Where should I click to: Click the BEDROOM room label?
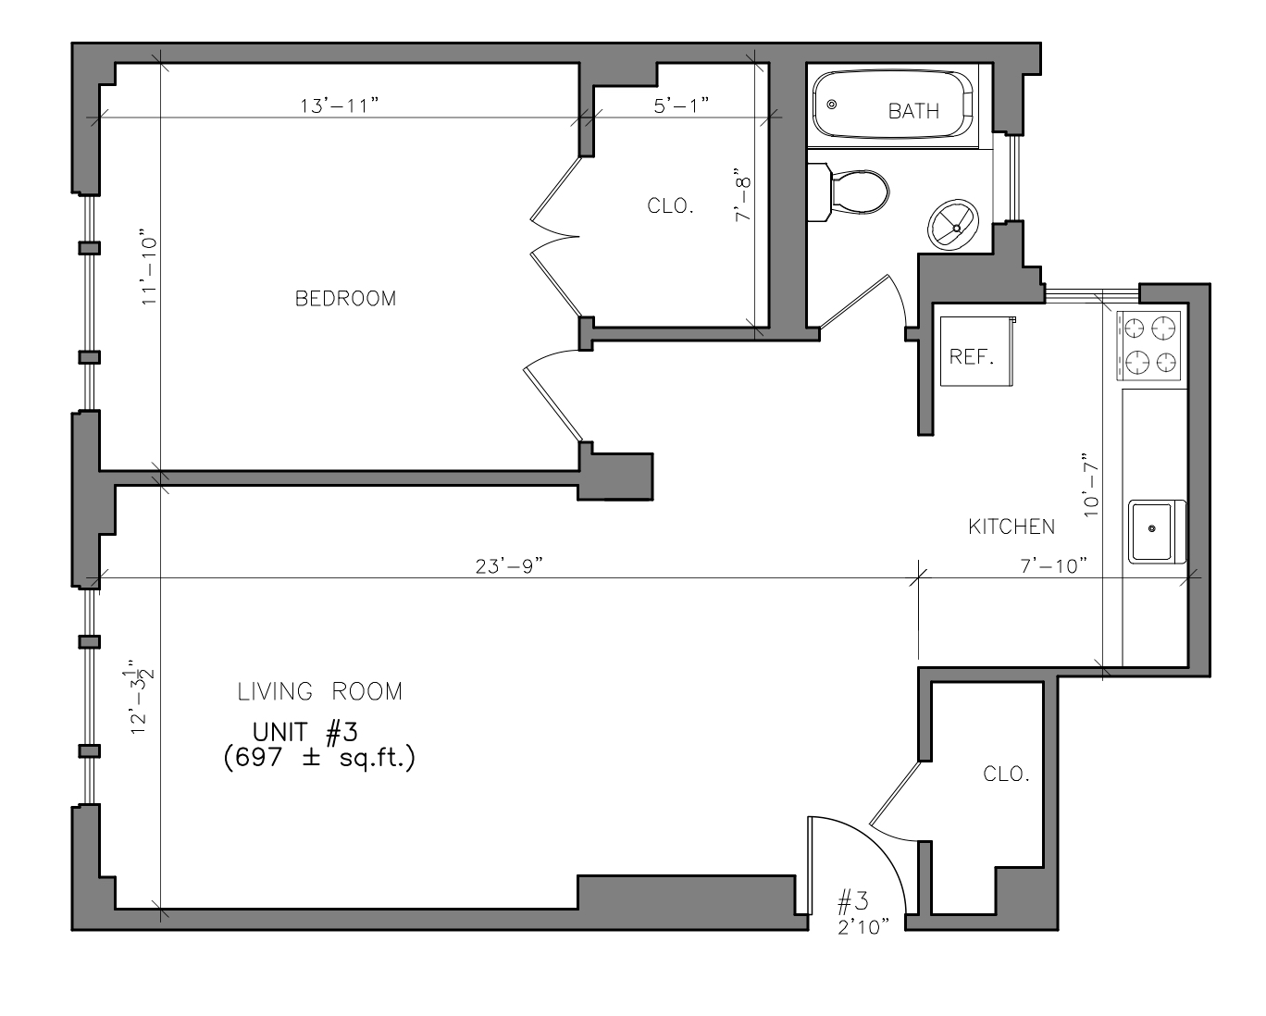pyautogui.click(x=345, y=299)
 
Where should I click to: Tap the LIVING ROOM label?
pyautogui.click(x=320, y=692)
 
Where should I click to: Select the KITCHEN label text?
pyautogui.click(x=1012, y=527)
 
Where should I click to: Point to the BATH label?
pyautogui.click(x=913, y=111)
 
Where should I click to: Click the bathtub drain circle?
pyautogui.click(x=832, y=105)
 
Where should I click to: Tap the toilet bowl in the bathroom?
pyautogui.click(x=858, y=192)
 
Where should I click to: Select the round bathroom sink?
pyautogui.click(x=953, y=225)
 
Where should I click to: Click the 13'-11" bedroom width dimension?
pyautogui.click(x=340, y=105)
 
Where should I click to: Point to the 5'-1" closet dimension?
pyautogui.click(x=681, y=105)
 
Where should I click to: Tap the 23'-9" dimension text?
pyautogui.click(x=509, y=566)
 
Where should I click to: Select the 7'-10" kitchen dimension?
pyautogui.click(x=1054, y=566)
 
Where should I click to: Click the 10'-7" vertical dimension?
pyautogui.click(x=1091, y=485)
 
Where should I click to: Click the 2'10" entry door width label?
pyautogui.click(x=863, y=928)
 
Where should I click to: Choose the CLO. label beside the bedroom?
pyautogui.click(x=671, y=206)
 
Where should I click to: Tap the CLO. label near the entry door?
pyautogui.click(x=1007, y=774)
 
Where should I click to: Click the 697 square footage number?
pyautogui.click(x=259, y=757)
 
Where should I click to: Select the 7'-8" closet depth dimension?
pyautogui.click(x=743, y=194)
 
